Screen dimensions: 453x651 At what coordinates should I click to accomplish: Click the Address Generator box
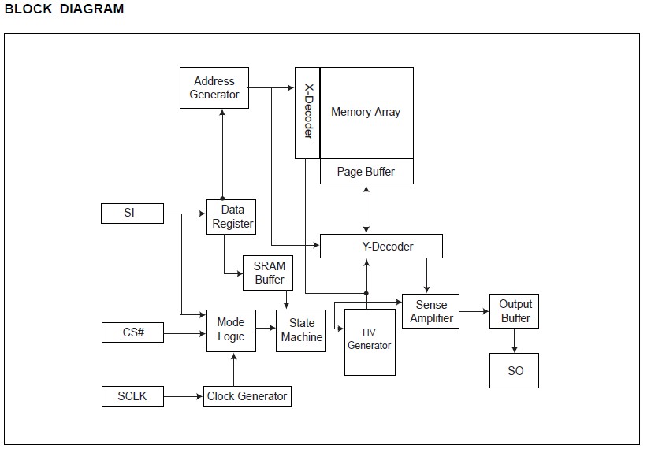pyautogui.click(x=214, y=88)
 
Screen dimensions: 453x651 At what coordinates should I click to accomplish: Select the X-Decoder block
pyautogui.click(x=307, y=113)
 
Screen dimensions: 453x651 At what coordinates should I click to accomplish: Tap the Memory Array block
pyautogui.click(x=366, y=113)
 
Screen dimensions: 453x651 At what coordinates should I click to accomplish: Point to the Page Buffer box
pyautogui.click(x=366, y=172)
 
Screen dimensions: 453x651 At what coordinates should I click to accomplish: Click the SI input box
pyautogui.click(x=132, y=213)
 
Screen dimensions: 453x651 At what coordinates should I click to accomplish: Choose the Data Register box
pyautogui.click(x=232, y=217)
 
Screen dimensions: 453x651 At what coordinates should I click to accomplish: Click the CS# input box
pyautogui.click(x=132, y=332)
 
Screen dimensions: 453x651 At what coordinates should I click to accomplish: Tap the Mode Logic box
pyautogui.click(x=231, y=329)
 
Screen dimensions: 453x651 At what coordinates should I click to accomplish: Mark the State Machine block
pyautogui.click(x=301, y=330)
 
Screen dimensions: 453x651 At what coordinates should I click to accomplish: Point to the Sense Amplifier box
pyautogui.click(x=431, y=311)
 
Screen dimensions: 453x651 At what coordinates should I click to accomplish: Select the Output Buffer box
pyautogui.click(x=515, y=311)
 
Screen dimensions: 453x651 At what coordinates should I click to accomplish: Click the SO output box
pyautogui.click(x=515, y=370)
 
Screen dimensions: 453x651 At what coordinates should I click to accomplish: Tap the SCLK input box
pyautogui.click(x=132, y=395)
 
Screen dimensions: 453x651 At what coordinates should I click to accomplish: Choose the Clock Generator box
pyautogui.click(x=247, y=395)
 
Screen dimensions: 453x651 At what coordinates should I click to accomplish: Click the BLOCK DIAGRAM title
pyautogui.click(x=64, y=9)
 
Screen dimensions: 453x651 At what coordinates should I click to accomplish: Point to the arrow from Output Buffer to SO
pyautogui.click(x=515, y=340)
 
